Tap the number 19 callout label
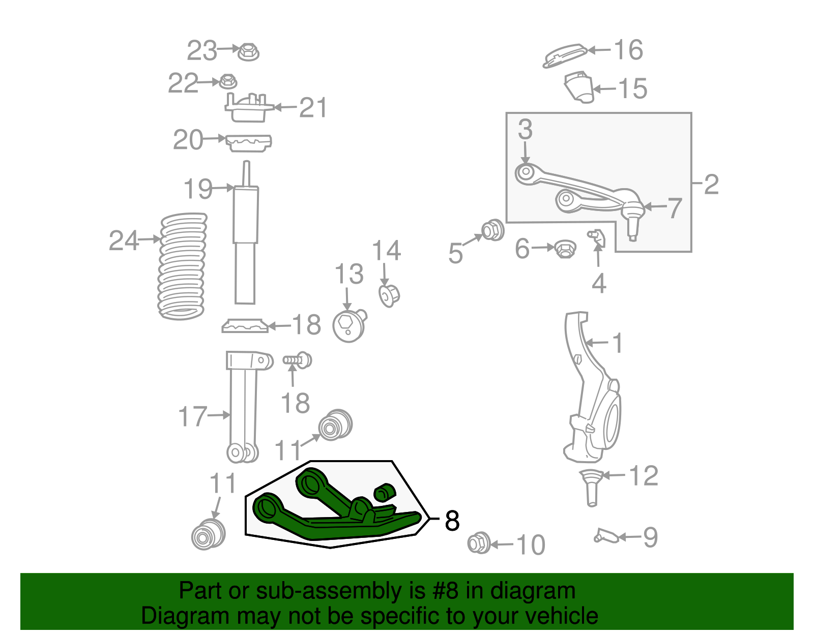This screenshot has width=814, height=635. point(198,189)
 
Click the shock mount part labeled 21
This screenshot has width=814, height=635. point(248,108)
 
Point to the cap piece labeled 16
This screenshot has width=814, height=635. point(564,55)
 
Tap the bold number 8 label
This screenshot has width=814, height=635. point(452,521)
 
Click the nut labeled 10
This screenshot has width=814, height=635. point(479,543)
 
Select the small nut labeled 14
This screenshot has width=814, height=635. point(389,295)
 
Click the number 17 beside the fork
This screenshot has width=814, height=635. point(192,416)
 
